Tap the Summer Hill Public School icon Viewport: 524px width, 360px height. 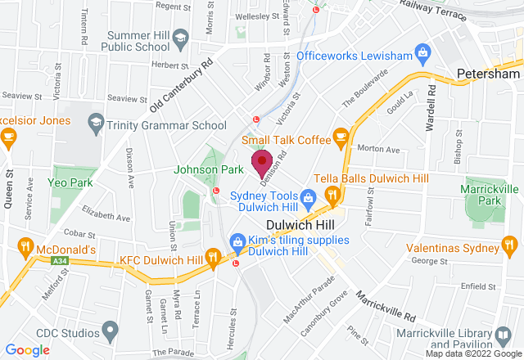click(180, 36)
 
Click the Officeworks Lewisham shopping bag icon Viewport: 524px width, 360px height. click(422, 55)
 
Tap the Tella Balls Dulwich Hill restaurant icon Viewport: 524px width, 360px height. click(332, 195)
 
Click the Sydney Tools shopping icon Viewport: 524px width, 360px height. click(307, 196)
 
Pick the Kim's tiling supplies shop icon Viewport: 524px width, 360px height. click(237, 241)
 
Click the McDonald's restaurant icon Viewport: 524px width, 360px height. click(26, 248)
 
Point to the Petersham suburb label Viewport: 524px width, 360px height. click(489, 74)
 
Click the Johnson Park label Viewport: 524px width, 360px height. click(209, 169)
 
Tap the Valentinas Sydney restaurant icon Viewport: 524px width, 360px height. click(511, 245)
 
